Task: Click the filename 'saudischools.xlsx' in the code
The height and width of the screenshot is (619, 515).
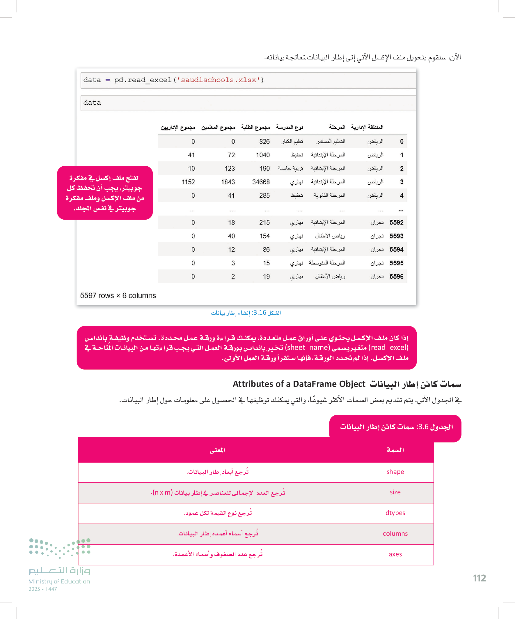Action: pos(218,80)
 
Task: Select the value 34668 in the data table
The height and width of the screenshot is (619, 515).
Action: pos(261,182)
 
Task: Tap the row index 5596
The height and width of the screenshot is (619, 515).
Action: pos(396,277)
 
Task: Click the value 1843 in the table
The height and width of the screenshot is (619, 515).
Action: pos(228,182)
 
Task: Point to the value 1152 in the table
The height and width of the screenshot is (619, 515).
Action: pos(188,182)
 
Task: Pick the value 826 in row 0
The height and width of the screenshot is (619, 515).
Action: pos(264,142)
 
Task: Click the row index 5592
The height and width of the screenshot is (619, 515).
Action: pos(396,223)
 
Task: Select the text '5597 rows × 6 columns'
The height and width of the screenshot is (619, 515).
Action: pos(118,296)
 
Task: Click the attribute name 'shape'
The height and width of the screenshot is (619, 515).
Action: pos(395,472)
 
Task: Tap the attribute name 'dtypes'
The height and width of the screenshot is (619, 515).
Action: pos(395,513)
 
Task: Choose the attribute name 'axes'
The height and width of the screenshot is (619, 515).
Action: pos(395,554)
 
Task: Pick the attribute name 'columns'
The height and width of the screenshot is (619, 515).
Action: pos(395,534)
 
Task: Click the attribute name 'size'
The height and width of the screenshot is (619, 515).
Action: pos(395,493)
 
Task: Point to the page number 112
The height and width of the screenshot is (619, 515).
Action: pos(480,578)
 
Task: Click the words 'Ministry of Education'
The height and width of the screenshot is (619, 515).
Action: pos(59,581)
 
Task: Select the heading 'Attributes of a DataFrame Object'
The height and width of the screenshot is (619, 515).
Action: pos(299,384)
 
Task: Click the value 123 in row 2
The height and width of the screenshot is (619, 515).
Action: pos(230,169)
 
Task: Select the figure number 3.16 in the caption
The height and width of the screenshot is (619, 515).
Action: pos(260,313)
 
